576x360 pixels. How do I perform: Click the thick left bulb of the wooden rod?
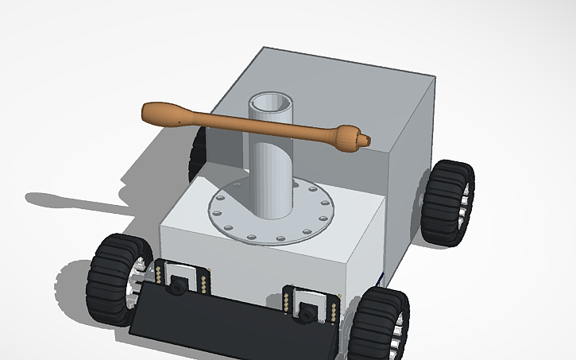(x=165, y=114)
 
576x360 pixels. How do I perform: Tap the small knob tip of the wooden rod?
(x=364, y=141)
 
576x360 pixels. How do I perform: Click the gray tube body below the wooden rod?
(x=273, y=179)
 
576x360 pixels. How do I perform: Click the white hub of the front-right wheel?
(x=401, y=327)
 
